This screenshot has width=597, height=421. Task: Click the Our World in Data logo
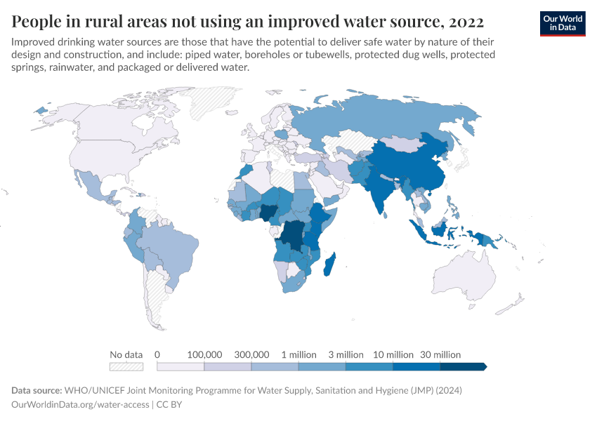[562, 22]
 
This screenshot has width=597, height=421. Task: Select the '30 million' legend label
[440, 354]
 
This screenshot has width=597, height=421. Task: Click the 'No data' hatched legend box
[126, 366]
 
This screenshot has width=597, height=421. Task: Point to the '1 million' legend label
[298, 354]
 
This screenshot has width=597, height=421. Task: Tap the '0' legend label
[157, 354]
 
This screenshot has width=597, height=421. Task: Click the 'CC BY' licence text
[169, 404]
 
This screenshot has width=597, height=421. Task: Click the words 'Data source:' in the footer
[37, 390]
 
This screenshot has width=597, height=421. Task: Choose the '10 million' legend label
[392, 354]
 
